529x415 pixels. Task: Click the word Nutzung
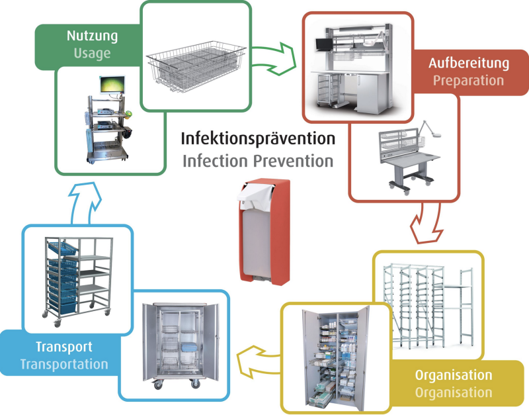pos(92,36)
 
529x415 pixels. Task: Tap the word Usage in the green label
pos(92,54)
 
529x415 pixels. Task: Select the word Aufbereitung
pos(469,64)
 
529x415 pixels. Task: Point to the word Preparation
pos(469,81)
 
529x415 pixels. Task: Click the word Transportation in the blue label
pos(64,364)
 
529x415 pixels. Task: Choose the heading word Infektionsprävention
pos(258,139)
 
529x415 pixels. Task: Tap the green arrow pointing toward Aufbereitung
pos(274,59)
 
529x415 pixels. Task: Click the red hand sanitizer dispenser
pos(264,232)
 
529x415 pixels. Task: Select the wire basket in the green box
pos(196,67)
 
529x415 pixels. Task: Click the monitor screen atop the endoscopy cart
pos(112,85)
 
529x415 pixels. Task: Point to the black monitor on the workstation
pos(324,44)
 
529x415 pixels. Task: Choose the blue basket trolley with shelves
pos(77,281)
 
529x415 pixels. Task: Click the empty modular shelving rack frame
pos(428,306)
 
